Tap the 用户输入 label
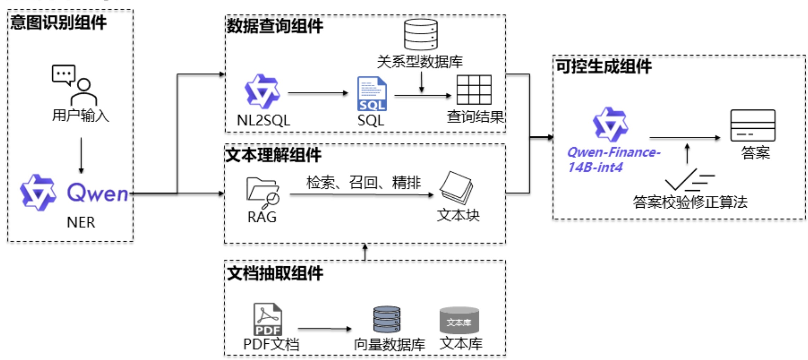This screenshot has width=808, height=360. pos(81,115)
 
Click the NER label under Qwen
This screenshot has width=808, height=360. pos(81,222)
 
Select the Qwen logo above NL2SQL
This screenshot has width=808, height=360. pos(262,91)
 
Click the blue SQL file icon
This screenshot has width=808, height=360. pos(372,94)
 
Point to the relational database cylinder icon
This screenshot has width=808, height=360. pos(421,35)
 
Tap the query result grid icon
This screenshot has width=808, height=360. pos(474,90)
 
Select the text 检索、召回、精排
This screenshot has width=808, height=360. pos(363,182)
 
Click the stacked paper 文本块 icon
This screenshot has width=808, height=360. pos(457,188)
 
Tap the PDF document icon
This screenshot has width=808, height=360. pos(268,319)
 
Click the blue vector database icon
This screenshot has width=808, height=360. pos(387,319)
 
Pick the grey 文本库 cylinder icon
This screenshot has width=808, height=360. pos(459,320)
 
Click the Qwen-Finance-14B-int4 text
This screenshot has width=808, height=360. pos(613,159)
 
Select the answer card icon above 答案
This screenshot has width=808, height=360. pos(753,125)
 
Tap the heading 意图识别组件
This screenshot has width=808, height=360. pos(58,23)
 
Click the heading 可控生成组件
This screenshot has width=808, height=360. pos(603,66)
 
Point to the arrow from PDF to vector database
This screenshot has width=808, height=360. pos(324,329)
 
